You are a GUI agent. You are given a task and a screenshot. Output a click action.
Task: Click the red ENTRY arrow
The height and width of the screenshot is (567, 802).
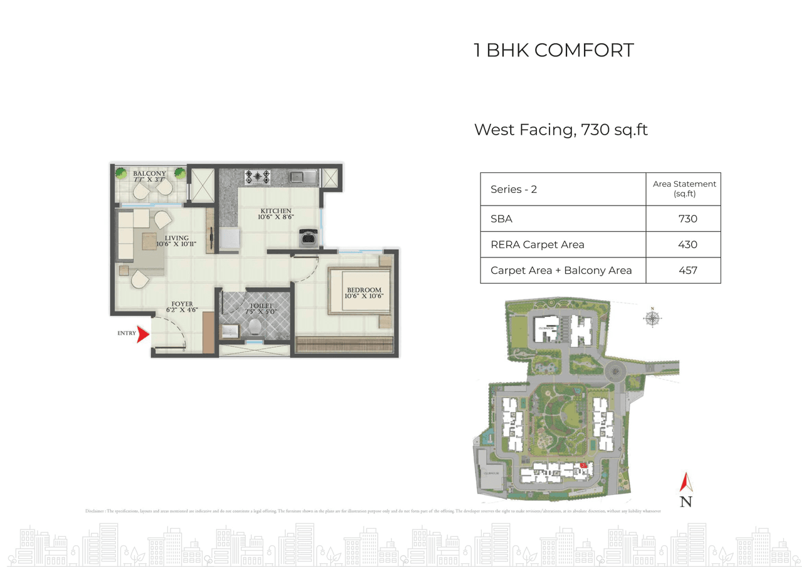[143, 334]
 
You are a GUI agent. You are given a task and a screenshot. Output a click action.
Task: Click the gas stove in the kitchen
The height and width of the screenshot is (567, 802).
[257, 177]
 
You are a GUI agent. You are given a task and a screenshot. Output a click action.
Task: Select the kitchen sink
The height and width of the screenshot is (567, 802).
[297, 177]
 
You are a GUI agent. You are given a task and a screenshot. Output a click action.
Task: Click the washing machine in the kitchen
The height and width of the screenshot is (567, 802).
[308, 238]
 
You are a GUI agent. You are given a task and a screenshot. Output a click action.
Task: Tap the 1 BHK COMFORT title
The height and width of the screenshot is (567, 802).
[554, 50]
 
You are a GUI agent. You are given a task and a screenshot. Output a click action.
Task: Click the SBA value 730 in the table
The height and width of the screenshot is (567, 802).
[687, 219]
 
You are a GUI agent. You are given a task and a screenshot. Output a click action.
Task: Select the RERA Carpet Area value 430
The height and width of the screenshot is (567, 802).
[687, 244]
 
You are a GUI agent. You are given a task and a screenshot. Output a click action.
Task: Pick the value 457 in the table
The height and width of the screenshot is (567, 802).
[687, 271]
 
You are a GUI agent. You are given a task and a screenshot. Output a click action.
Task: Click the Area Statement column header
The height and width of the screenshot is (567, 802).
[684, 189]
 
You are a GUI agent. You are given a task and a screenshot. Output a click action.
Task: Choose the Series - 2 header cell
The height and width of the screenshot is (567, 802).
[514, 189]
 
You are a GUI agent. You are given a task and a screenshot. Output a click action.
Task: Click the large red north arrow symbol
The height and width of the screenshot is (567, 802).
[686, 482]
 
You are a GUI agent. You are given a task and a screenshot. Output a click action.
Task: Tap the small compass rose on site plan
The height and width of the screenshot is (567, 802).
[652, 318]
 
